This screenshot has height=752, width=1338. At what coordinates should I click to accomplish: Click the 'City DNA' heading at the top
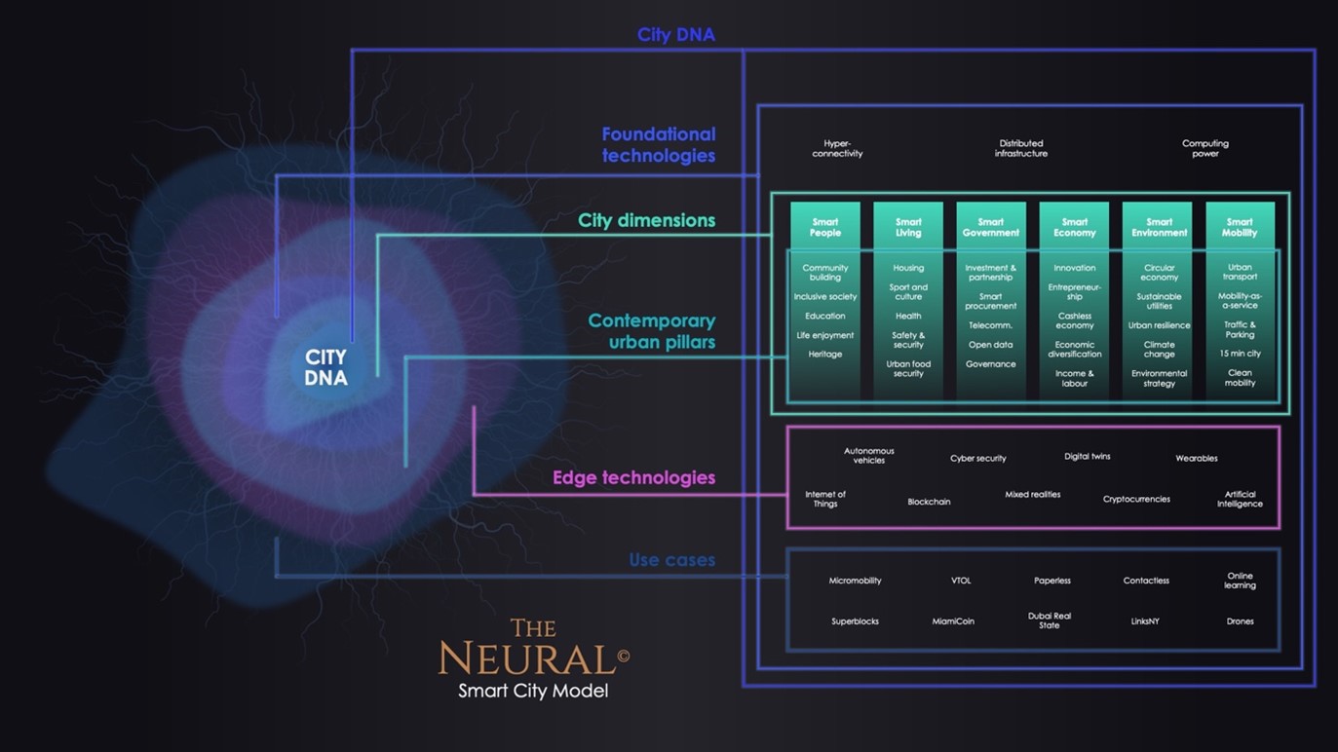tap(675, 35)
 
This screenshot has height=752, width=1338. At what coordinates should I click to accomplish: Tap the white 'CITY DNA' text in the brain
tap(325, 368)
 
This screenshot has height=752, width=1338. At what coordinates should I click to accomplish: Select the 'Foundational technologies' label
tap(658, 144)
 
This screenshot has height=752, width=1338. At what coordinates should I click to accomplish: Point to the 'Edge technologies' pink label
tap(633, 477)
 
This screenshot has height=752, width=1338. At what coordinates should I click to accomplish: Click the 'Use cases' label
tap(671, 560)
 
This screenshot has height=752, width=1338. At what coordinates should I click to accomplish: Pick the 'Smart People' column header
tap(824, 228)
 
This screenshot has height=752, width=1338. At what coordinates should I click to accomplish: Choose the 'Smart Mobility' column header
tap(1240, 228)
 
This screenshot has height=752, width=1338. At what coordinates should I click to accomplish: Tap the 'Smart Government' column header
tap(990, 228)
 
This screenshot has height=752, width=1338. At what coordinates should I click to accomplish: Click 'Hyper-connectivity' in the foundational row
tap(837, 148)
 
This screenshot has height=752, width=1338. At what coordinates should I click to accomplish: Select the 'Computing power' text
tap(1204, 148)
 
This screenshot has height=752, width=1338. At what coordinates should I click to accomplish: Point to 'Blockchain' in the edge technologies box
tap(929, 502)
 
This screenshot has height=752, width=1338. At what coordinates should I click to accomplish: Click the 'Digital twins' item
tap(1087, 456)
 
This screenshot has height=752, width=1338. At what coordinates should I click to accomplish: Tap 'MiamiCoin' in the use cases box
tap(953, 621)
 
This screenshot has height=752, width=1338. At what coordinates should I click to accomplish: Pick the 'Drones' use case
tap(1240, 621)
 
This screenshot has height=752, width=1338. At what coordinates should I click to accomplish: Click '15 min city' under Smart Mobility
tap(1240, 354)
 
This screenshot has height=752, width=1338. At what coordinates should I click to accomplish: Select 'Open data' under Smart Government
tap(990, 345)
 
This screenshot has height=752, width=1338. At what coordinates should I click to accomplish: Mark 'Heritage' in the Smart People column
tap(824, 355)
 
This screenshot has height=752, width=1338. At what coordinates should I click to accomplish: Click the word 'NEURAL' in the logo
tap(526, 659)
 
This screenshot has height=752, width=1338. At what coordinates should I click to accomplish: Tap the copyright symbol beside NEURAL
tap(624, 656)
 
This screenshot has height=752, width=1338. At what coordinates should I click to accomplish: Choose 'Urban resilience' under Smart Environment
tap(1159, 325)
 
